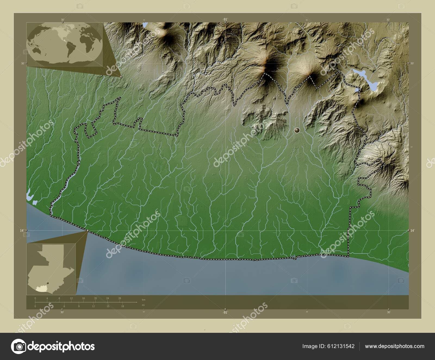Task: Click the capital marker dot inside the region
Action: coord(297,131)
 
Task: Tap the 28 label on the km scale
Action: coord(120,298)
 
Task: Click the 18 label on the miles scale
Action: coord(123,306)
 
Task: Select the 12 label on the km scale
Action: coord(71,298)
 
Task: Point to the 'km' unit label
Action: coord(144,300)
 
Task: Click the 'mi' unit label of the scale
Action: coord(144,305)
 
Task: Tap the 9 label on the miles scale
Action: coord(79,306)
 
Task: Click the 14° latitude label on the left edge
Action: coord(21,231)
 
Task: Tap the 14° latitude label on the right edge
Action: coord(412,231)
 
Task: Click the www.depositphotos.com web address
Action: coord(394,346)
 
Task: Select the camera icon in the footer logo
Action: coord(18,346)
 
